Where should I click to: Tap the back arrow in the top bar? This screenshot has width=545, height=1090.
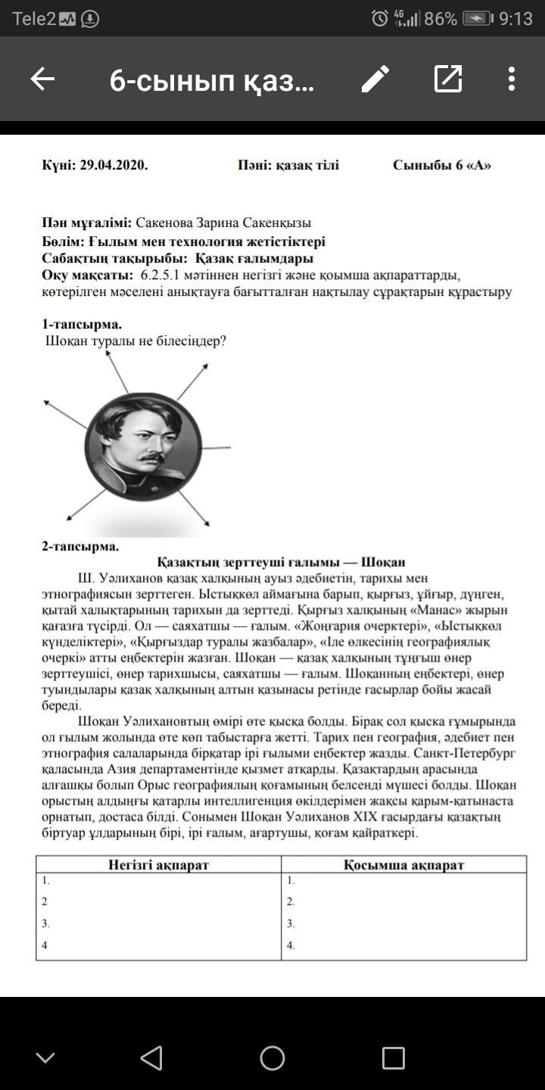[x=43, y=79]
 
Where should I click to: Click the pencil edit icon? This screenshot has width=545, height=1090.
[x=375, y=79]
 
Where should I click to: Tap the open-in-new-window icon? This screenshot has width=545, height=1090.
[x=447, y=79]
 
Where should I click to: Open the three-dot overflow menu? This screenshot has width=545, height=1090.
[x=512, y=79]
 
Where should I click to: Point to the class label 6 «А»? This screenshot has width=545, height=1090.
[x=472, y=165]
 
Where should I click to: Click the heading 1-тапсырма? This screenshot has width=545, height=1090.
[x=82, y=324]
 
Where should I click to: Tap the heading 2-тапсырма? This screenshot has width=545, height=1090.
[x=80, y=546]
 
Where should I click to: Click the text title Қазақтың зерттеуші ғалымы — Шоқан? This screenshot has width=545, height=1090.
[x=281, y=562]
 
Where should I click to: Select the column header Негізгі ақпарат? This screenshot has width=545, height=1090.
[x=158, y=864]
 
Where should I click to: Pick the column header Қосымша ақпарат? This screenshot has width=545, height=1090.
[x=403, y=864]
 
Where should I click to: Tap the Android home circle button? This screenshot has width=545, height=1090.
[x=272, y=1057]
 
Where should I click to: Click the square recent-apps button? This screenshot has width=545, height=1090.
[x=393, y=1057]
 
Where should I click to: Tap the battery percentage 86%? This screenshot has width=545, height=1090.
[x=441, y=19]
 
